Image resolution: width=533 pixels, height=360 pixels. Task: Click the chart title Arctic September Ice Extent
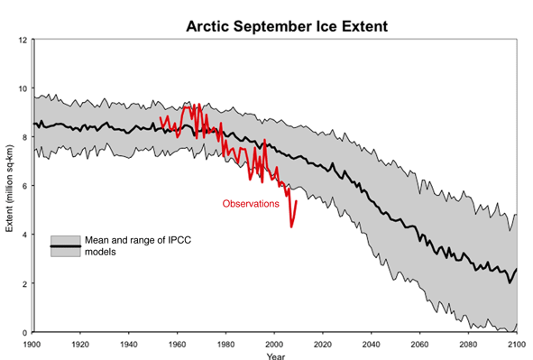(x=286, y=26)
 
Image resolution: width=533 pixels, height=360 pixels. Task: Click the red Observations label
(x=252, y=204)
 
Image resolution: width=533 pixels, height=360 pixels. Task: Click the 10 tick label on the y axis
(x=22, y=89)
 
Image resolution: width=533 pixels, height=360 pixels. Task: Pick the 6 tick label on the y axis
(x=24, y=186)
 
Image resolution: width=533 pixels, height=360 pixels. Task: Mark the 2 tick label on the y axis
(x=24, y=283)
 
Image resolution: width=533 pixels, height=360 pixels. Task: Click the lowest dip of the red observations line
(x=291, y=226)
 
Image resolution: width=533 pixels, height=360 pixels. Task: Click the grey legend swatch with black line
(x=63, y=246)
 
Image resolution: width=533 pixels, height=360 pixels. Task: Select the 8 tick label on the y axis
(x=24, y=137)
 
